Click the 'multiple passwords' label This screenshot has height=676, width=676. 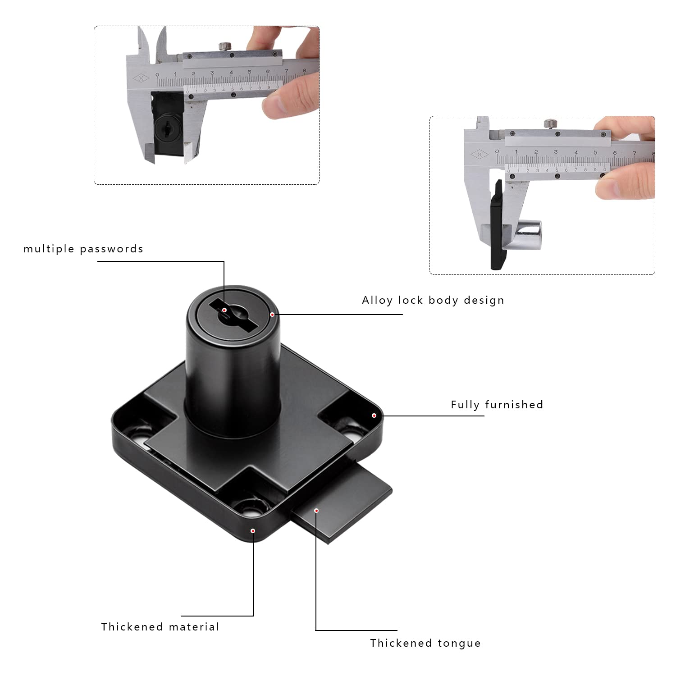point(83,249)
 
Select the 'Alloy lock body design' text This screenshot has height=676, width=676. point(433,301)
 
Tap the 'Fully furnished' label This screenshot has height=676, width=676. point(497,405)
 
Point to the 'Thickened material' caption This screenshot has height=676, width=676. point(160,627)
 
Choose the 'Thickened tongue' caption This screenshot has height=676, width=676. point(425,643)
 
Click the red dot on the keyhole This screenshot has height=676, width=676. point(224,310)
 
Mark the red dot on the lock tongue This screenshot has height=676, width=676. point(316,511)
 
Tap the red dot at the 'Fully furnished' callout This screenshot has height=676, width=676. point(374,415)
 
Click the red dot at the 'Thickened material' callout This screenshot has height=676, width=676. point(253,531)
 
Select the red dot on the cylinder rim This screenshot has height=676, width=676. point(272,315)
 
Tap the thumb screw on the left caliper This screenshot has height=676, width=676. point(224,46)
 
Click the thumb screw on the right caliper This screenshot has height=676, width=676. point(550,123)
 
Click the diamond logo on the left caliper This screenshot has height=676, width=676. point(141,78)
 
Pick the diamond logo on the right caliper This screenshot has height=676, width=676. point(480,155)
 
